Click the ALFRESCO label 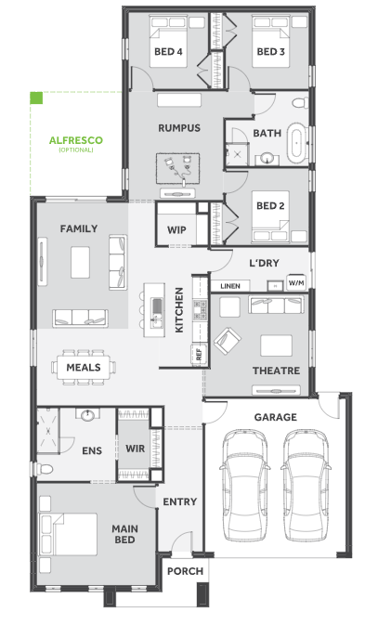click(76, 140)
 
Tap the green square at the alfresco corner click(36, 98)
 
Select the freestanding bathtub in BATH click(297, 143)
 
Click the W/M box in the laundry click(296, 283)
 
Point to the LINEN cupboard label click(230, 286)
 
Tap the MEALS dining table click(84, 367)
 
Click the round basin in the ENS click(87, 415)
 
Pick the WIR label click(136, 449)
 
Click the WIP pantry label click(176, 230)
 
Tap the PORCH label click(185, 571)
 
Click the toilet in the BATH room click(300, 103)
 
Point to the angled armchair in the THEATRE click(228, 341)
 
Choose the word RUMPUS click(179, 128)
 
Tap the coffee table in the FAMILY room click(80, 262)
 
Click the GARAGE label click(276, 417)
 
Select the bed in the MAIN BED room click(68, 534)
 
